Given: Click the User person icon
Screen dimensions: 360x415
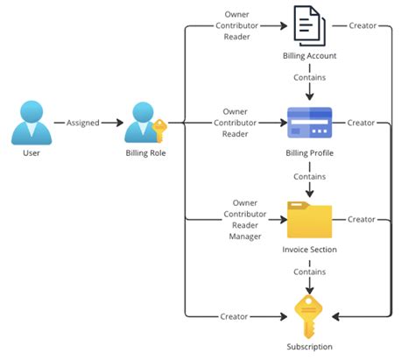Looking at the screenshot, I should click(31, 123).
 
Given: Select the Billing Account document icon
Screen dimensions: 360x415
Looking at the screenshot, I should click(309, 26).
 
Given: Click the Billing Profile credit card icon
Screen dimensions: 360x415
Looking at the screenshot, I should click(309, 124).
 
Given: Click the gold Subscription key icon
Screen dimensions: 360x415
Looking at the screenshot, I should click(309, 315).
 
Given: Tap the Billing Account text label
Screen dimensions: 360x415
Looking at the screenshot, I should click(309, 56).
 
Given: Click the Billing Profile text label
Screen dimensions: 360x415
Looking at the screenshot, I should click(309, 152).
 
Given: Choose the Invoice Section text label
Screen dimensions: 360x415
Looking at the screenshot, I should click(309, 250).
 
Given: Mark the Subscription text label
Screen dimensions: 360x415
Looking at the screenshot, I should click(309, 347).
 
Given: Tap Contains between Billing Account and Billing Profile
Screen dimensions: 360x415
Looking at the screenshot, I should click(309, 77).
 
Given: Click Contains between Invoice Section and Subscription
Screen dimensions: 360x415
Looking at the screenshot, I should click(309, 272).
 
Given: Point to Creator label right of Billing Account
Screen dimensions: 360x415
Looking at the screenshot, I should click(362, 25).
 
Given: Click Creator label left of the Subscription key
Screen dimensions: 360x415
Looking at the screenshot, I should click(234, 315).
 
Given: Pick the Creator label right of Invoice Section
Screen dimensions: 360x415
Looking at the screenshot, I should click(362, 219).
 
